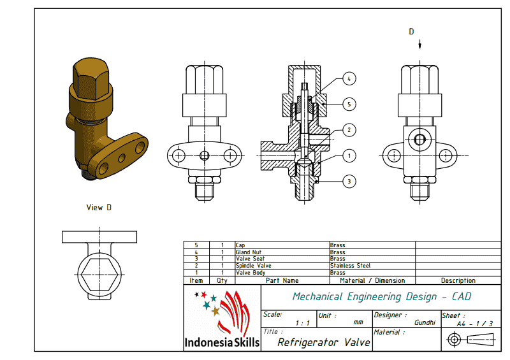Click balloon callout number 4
click(348, 79)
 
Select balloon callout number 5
click(348, 103)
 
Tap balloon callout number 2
click(348, 129)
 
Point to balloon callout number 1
click(348, 155)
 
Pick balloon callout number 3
click(348, 181)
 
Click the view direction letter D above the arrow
click(411, 31)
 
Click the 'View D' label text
click(99, 207)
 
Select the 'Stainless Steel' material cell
click(350, 266)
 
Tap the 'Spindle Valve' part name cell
click(250, 266)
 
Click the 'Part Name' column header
click(282, 280)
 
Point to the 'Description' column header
click(458, 280)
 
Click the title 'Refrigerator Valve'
click(323, 342)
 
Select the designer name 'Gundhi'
click(425, 323)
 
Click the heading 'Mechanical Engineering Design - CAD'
click(381, 296)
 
